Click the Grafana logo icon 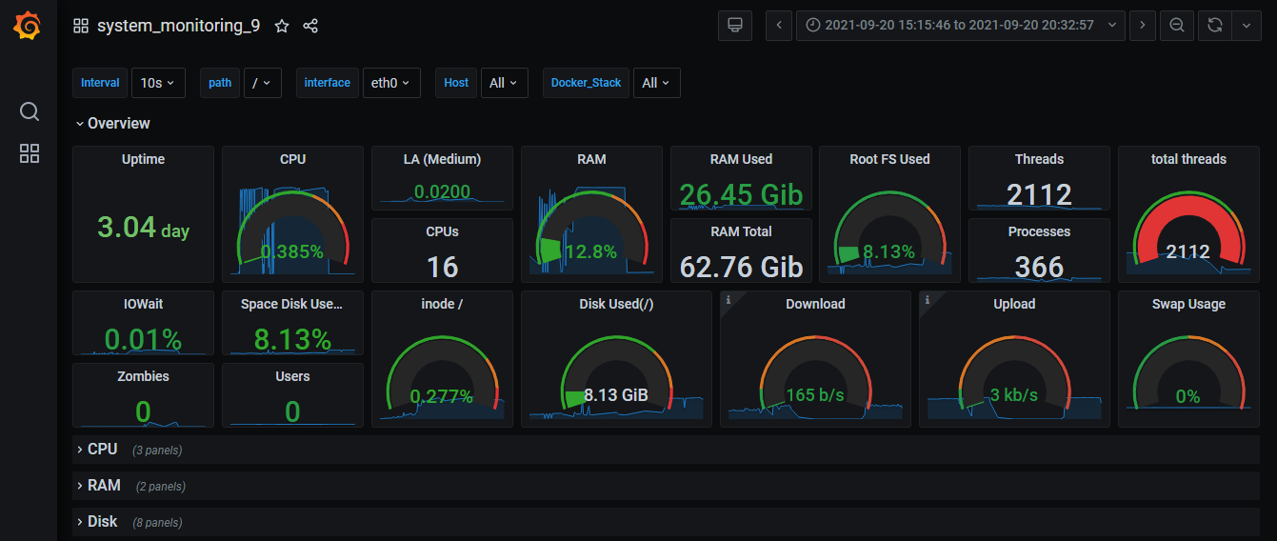point(28,26)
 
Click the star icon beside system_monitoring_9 point(282,26)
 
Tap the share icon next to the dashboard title point(310,26)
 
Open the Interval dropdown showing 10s point(157,83)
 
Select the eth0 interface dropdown point(390,83)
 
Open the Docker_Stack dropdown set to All point(656,83)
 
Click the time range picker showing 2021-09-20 point(961,26)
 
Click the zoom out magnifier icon point(1177,26)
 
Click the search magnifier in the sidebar point(30,112)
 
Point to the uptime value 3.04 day point(143,228)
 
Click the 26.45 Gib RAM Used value point(741,194)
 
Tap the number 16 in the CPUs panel point(442,267)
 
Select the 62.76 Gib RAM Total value point(741,267)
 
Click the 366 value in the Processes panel point(1039,267)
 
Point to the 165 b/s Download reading point(815,394)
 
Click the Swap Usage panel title point(1187,304)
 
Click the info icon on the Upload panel point(927,299)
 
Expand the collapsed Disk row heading point(102,521)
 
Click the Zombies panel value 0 point(143,411)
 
